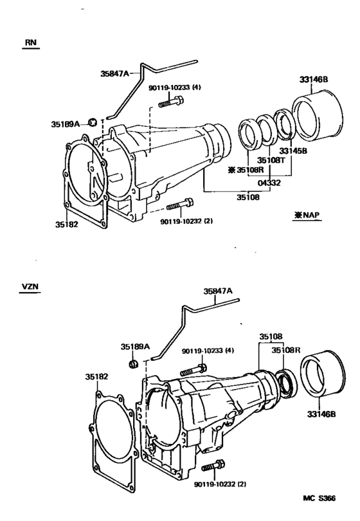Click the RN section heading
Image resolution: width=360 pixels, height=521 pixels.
coord(30,42)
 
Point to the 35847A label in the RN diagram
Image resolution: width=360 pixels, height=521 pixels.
coord(116,73)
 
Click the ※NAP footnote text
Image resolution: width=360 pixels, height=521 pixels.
coord(308,217)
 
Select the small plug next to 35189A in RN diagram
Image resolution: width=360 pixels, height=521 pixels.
coord(93,122)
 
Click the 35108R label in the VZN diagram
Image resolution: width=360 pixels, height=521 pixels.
coord(285,351)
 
